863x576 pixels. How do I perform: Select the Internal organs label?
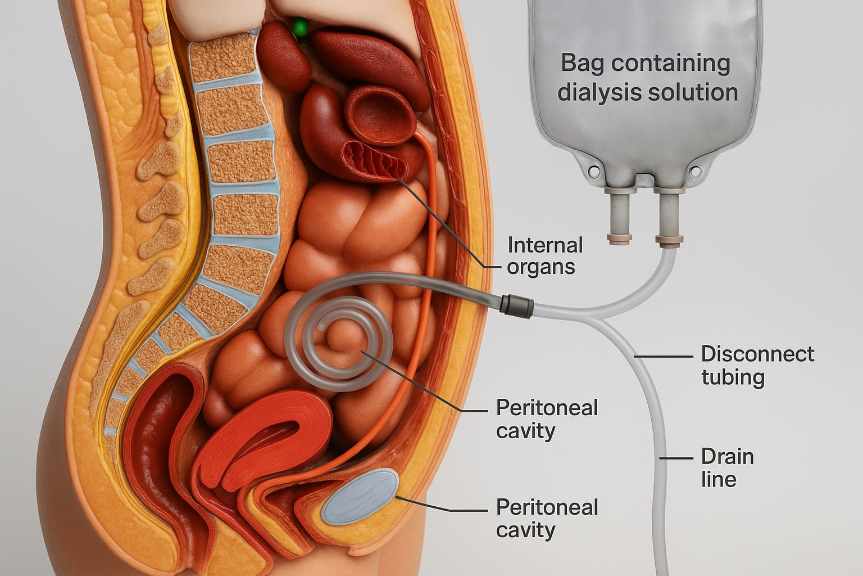[544, 256]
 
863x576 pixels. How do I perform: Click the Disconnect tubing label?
[757, 365]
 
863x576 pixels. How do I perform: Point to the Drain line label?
[727, 467]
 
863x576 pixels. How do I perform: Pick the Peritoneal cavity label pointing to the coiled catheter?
[547, 419]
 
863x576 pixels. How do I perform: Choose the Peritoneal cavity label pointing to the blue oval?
[547, 519]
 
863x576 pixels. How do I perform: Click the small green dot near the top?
[301, 26]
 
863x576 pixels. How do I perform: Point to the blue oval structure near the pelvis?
[360, 496]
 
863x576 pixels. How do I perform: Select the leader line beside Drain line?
[676, 458]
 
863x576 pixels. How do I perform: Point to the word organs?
[540, 267]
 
